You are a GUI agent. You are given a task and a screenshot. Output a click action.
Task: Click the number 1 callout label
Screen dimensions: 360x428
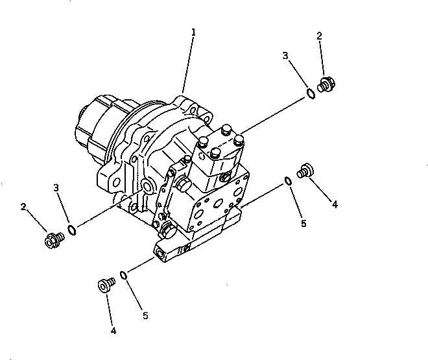[193, 32]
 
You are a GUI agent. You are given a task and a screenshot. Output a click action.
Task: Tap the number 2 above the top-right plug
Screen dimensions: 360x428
[320, 36]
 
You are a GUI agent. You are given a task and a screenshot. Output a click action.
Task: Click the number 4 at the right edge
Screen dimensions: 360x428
[335, 204]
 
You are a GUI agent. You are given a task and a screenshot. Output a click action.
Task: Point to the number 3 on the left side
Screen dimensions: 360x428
[56, 188]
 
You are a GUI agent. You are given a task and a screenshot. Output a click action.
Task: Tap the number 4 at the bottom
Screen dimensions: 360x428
[113, 331]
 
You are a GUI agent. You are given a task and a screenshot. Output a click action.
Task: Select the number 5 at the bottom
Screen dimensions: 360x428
[145, 316]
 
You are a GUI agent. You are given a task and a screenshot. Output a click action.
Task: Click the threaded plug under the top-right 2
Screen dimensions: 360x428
[326, 84]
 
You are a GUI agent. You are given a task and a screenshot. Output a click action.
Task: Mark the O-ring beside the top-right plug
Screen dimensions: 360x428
[311, 94]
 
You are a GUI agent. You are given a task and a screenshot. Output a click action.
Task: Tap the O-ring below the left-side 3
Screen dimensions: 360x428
[73, 230]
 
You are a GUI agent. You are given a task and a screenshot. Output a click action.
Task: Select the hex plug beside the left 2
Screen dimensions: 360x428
[52, 240]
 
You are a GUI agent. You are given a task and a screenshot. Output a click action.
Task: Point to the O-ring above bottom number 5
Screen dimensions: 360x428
[123, 275]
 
